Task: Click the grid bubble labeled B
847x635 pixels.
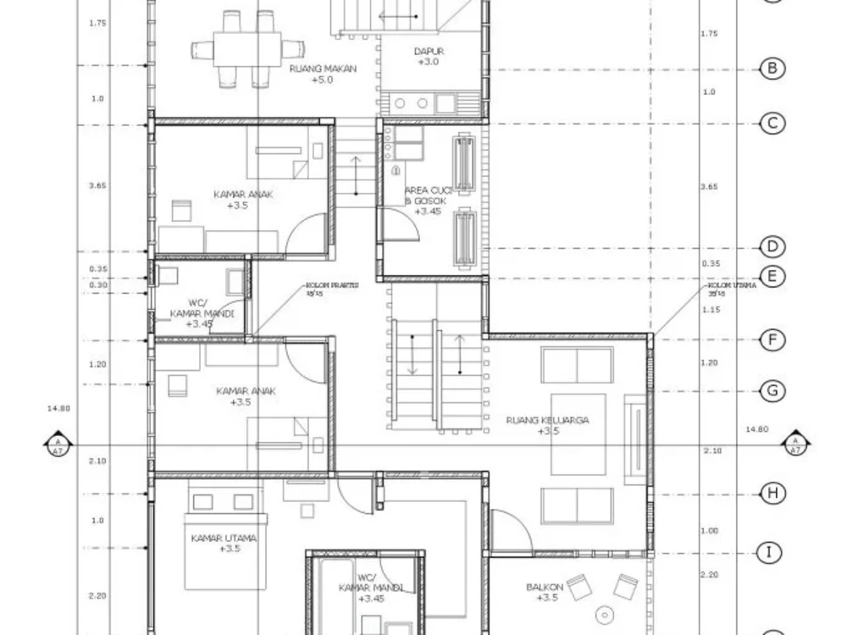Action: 772,69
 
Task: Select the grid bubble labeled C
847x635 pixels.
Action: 772,124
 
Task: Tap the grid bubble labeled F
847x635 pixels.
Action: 772,340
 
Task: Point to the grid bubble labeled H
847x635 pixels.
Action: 772,493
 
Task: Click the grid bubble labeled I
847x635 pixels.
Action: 769,553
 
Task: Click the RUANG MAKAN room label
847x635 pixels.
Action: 322,74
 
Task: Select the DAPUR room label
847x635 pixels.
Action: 429,57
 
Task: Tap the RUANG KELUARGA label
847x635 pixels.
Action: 547,425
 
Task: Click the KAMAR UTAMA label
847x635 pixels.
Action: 224,543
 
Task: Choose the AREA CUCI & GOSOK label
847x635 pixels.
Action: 428,201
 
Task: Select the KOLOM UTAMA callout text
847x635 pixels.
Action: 732,288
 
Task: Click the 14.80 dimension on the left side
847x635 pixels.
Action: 59,408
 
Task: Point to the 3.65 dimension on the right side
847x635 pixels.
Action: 710,186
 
